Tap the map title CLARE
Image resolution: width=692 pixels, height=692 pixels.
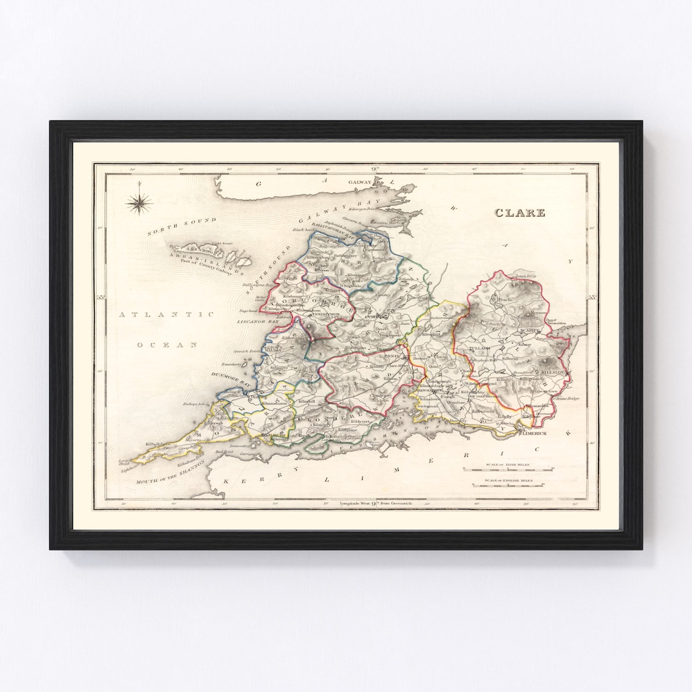point(520,213)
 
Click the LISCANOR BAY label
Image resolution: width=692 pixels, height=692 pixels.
point(261,318)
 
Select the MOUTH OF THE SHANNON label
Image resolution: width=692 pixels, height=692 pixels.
point(170,473)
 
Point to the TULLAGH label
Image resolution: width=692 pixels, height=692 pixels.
point(480,347)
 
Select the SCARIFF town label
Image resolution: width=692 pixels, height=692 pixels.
point(531,329)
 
